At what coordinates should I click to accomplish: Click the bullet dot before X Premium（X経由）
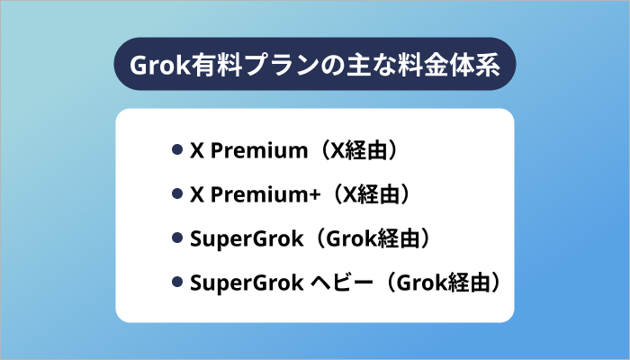point(177,150)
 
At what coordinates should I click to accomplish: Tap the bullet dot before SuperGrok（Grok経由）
point(177,238)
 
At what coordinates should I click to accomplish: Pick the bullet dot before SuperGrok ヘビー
point(177,283)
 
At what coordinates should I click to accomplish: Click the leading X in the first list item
point(197,150)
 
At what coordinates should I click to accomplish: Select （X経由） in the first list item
point(354,150)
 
